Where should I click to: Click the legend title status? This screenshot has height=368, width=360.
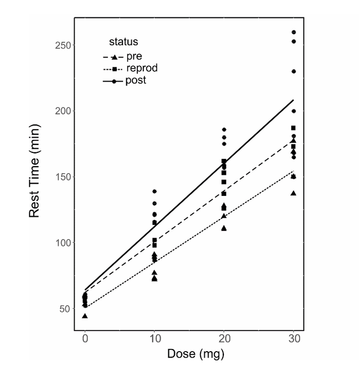pos(123,41)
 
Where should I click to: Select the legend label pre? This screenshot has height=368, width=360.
pos(133,57)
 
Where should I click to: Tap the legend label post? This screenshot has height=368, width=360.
pos(135,81)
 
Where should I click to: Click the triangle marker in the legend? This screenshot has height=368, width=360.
pos(114,57)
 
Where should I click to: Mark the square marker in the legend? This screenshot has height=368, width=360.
pos(114,69)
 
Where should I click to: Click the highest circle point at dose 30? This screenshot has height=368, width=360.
pos(294,32)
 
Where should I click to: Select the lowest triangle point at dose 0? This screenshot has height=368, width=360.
pos(85,316)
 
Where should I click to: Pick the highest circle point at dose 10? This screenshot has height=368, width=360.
pos(155,192)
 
